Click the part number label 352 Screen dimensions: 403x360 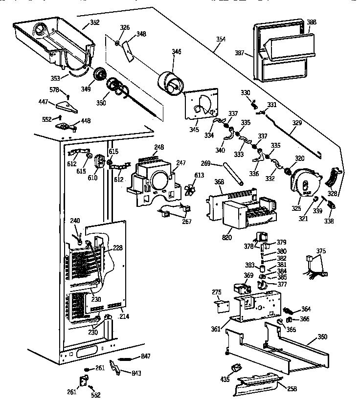tap(95, 22)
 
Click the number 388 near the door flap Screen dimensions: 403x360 tap(311, 22)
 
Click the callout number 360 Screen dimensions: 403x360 tap(322, 336)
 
